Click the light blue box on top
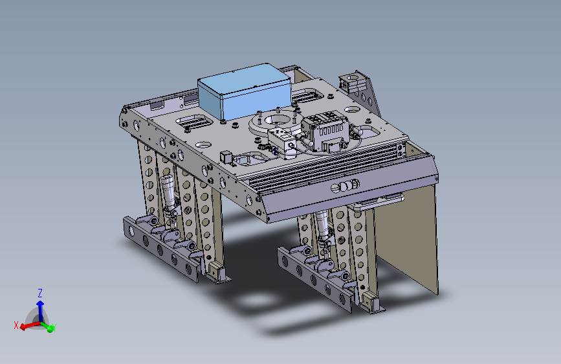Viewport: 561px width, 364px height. tap(245, 92)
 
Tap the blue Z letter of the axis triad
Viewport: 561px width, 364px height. tap(40, 293)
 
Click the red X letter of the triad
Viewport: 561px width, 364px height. tap(16, 325)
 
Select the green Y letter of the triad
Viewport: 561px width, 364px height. tap(53, 328)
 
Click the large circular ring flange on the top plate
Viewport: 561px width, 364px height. tap(272, 124)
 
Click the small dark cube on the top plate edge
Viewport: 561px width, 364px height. tap(226, 157)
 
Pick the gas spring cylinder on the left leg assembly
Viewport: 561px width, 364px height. tap(168, 194)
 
